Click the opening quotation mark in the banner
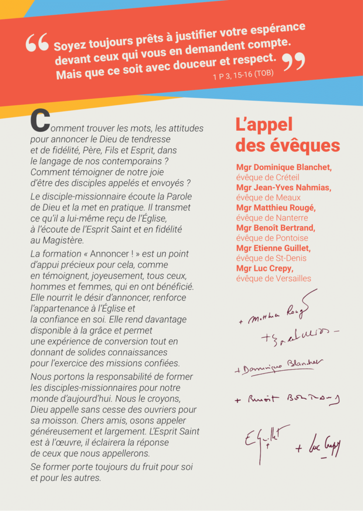37,43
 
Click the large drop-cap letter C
39,121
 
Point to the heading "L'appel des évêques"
287,135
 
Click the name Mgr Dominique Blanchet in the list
284,168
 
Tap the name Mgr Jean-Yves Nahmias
284,188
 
